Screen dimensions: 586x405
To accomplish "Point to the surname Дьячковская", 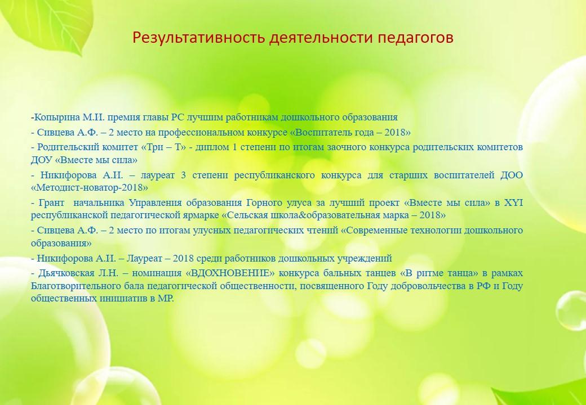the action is (x=66, y=273).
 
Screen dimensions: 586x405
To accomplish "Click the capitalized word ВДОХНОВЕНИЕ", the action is (x=230, y=273).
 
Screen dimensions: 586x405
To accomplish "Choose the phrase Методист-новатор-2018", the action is (x=90, y=187).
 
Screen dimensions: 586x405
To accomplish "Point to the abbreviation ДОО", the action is (x=512, y=175).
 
